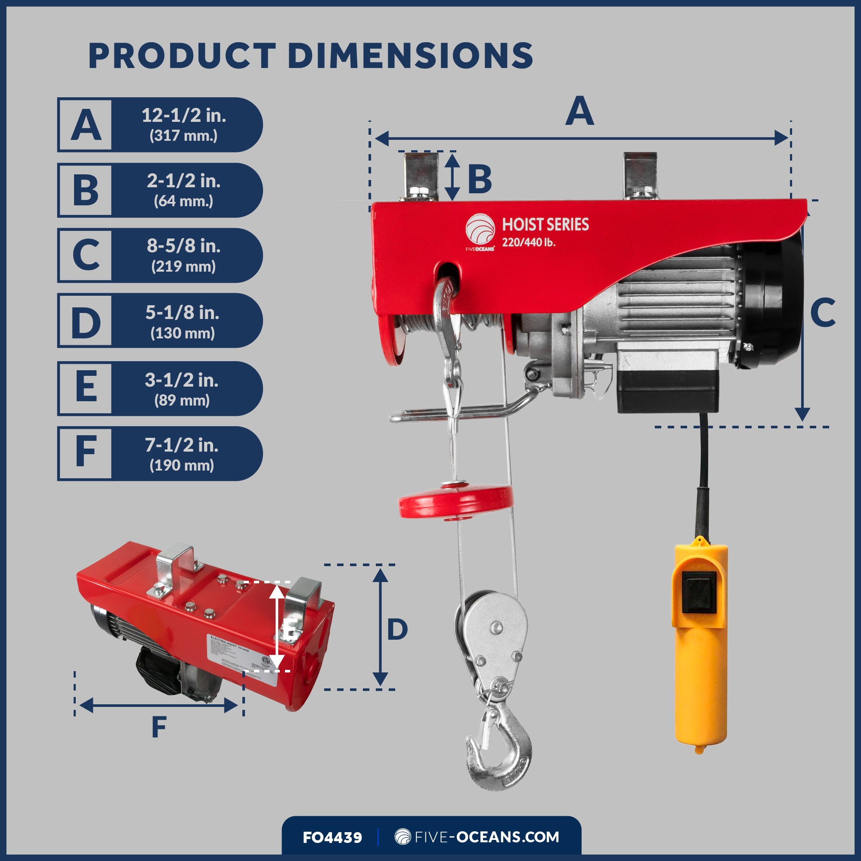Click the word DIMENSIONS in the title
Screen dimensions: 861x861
point(410,56)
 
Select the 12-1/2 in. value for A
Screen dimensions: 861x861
point(184,116)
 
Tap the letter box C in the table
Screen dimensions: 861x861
point(85,255)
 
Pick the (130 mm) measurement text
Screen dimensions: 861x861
point(183,333)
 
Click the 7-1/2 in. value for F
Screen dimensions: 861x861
point(181,445)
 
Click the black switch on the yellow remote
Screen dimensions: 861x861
point(699,592)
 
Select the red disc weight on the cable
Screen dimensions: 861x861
point(456,502)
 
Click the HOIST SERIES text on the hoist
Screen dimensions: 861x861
point(545,224)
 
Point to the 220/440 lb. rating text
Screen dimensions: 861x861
point(529,242)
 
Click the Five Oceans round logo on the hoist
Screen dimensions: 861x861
point(480,229)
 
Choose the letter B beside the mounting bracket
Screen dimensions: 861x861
point(480,179)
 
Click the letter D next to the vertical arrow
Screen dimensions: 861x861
point(397,630)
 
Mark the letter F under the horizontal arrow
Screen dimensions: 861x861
point(159,727)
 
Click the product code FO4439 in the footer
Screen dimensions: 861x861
point(332,837)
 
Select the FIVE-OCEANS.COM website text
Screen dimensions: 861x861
point(486,837)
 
